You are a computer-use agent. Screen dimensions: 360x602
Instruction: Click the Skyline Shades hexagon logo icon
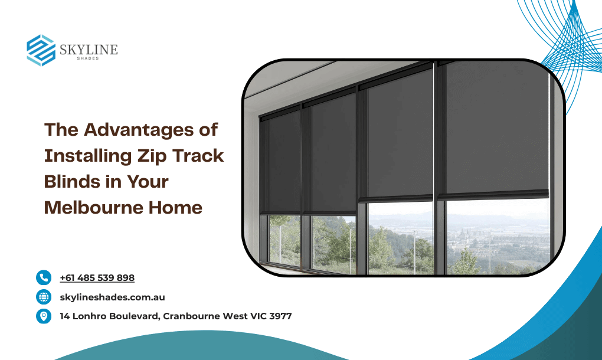(x=41, y=50)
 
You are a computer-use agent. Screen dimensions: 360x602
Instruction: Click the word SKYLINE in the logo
(x=89, y=50)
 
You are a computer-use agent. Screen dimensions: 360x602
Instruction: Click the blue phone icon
(x=44, y=277)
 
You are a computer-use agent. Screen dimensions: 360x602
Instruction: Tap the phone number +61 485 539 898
(x=97, y=278)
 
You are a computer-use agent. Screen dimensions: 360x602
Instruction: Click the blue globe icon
(x=44, y=297)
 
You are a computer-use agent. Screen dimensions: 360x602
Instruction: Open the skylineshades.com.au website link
(x=112, y=297)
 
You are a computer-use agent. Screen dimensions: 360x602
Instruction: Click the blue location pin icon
(x=44, y=316)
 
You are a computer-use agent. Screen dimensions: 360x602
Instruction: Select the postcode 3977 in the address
(x=280, y=316)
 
